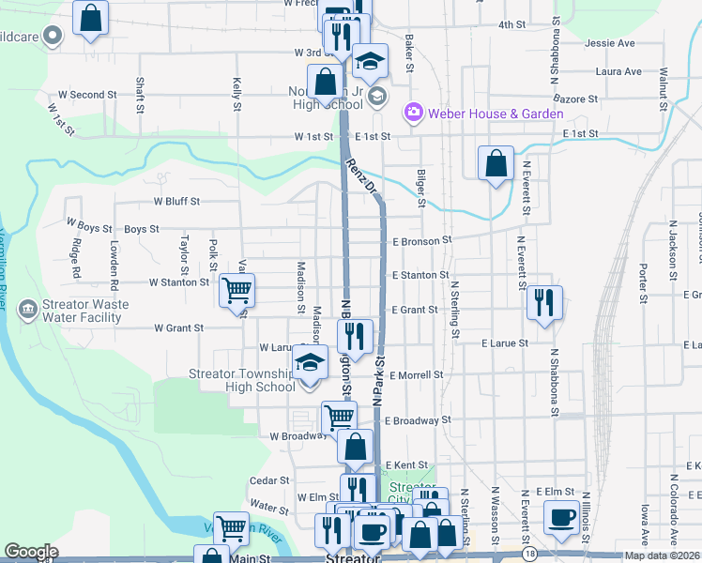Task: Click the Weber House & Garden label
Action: [x=496, y=114]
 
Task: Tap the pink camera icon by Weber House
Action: [x=413, y=114]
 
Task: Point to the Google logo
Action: [x=31, y=552]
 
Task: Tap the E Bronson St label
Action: [x=422, y=241]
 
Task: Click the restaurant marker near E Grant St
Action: [x=542, y=302]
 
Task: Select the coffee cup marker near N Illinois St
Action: [x=561, y=516]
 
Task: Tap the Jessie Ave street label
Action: [x=609, y=43]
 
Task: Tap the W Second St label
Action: [x=87, y=95]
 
